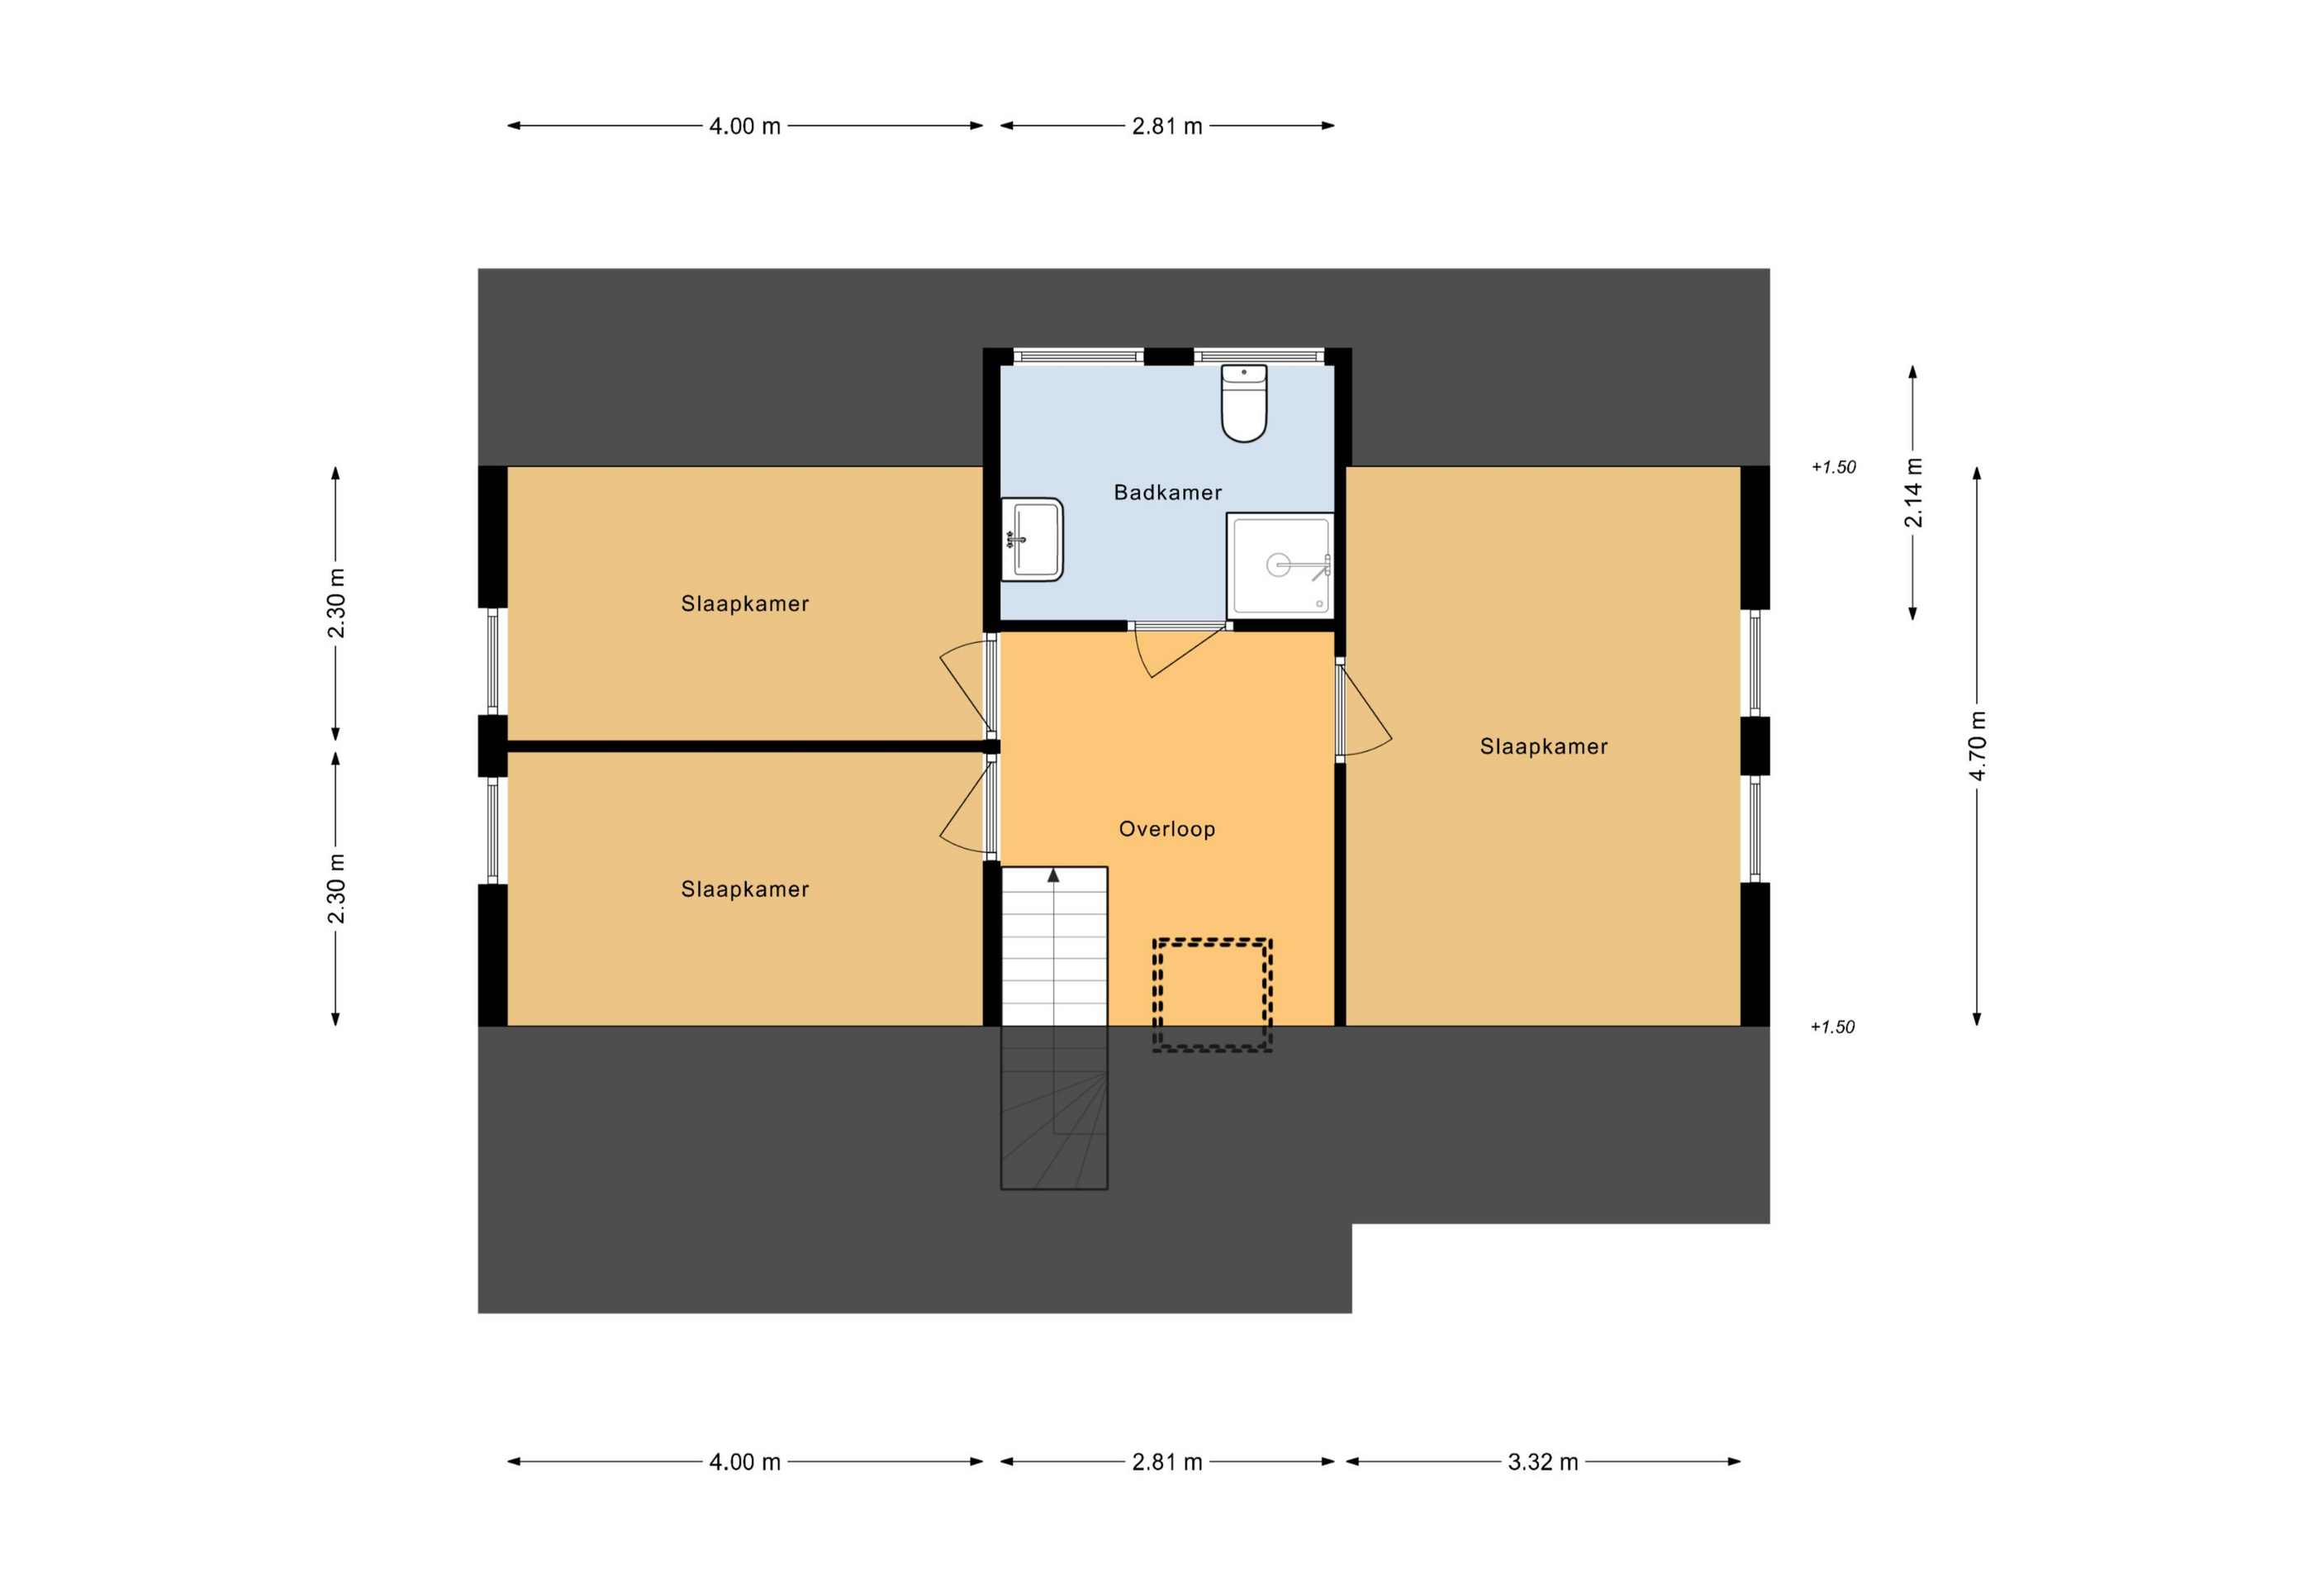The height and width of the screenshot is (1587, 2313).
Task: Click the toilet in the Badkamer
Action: point(1243,403)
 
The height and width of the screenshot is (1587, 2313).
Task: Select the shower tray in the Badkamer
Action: point(1280,565)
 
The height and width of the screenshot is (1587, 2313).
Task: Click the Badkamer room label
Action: point(1167,492)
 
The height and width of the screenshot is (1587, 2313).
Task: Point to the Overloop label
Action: point(1166,828)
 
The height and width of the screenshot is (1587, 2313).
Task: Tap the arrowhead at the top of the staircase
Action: point(1053,875)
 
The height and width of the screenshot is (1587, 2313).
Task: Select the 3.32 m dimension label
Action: point(1542,1461)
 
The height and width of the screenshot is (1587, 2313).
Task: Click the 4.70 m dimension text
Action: point(1978,746)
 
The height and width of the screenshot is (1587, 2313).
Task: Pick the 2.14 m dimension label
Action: point(1913,493)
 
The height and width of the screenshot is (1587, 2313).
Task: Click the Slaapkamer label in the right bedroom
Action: point(1544,746)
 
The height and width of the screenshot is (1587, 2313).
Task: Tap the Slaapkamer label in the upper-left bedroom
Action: point(744,603)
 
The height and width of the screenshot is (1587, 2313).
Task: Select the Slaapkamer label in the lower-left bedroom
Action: point(744,889)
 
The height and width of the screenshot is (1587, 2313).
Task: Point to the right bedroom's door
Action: point(1365,709)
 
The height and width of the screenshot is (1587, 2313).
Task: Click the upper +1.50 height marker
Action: point(1833,467)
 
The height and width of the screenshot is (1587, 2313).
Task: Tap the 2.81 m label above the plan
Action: point(1166,126)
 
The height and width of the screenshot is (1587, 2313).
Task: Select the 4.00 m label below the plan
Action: point(744,1461)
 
